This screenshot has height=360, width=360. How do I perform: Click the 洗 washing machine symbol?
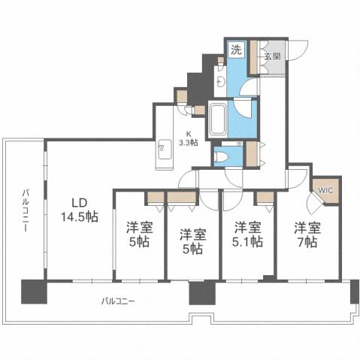235,52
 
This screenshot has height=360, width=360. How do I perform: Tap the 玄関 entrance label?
272,56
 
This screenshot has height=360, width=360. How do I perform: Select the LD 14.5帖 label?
78,209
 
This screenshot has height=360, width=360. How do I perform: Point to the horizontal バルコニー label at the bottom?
118,301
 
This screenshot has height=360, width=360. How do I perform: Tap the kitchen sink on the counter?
165,150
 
